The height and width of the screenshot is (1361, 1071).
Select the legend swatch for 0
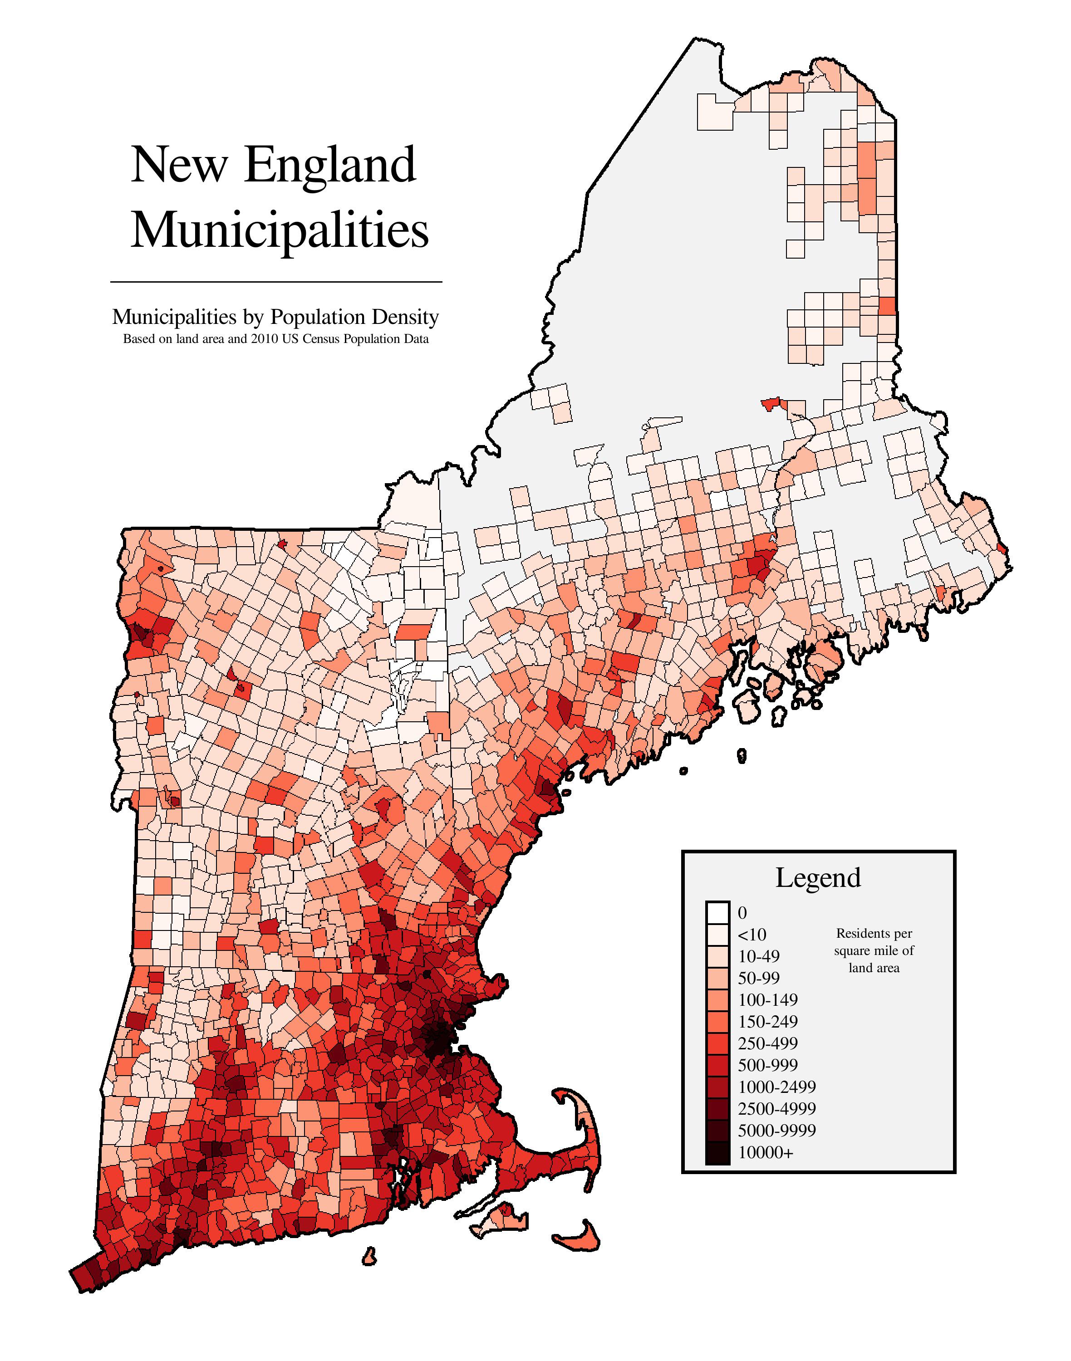[717, 912]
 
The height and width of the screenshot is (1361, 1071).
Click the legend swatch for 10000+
[717, 1152]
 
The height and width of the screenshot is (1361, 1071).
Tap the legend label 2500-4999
[776, 1108]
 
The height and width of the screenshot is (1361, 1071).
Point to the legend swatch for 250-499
[717, 1043]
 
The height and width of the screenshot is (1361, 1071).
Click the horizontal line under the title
[276, 282]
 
